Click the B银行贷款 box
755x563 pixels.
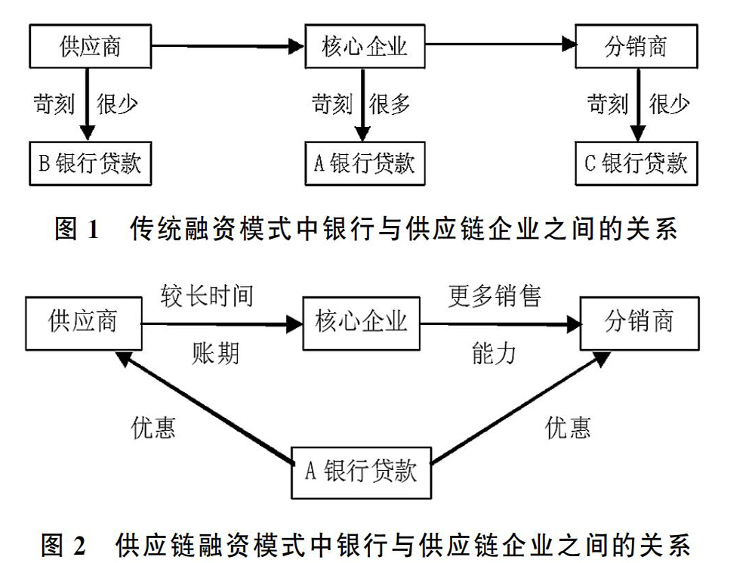(x=91, y=163)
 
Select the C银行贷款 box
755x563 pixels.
(x=636, y=163)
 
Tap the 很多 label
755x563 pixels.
(x=390, y=104)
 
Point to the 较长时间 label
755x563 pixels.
(x=207, y=295)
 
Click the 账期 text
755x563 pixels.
(x=215, y=354)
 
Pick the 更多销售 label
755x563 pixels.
(x=495, y=295)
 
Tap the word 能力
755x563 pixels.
(x=494, y=354)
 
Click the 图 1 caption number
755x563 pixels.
(x=77, y=228)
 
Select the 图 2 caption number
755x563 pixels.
(x=63, y=545)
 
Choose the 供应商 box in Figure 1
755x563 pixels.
(x=91, y=46)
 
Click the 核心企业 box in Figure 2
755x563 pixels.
(x=361, y=323)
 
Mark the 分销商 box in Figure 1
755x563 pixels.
(x=636, y=46)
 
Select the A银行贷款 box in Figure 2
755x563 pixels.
(x=361, y=472)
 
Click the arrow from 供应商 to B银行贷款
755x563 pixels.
(x=87, y=104)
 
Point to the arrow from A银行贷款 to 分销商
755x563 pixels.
(x=520, y=408)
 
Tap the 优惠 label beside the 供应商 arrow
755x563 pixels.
(x=153, y=428)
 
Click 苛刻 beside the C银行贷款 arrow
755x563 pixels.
(x=608, y=104)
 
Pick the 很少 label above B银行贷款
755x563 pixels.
(x=117, y=104)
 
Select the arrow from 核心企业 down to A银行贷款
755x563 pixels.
(x=362, y=104)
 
